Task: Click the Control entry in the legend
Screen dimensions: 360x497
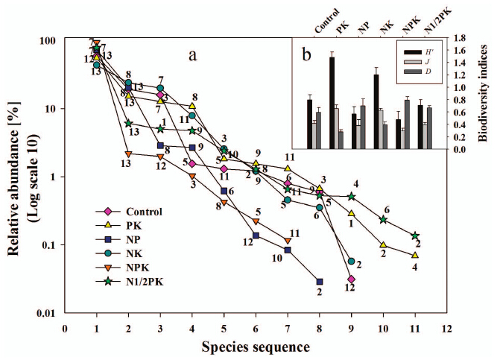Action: coord(145,212)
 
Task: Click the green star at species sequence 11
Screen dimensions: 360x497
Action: coord(414,236)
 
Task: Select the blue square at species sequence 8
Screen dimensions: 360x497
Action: coord(320,282)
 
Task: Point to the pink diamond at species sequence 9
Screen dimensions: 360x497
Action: coord(351,279)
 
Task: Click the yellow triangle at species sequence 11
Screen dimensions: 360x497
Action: coord(414,255)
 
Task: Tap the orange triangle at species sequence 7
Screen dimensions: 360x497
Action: coord(288,240)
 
